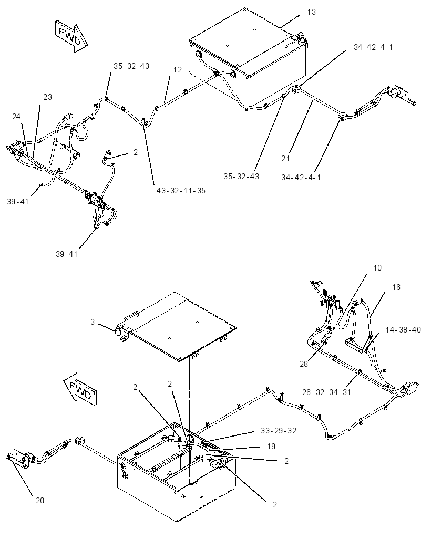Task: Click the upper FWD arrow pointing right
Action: [x=71, y=36]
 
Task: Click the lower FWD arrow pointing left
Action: [x=80, y=390]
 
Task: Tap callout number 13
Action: [x=311, y=12]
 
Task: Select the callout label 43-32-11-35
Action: [x=181, y=191]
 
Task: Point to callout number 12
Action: [x=178, y=70]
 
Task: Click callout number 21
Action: [x=285, y=158]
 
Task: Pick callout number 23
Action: [x=47, y=97]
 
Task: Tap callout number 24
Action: [x=16, y=117]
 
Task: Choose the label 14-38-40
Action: [x=403, y=329]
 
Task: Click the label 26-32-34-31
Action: [x=326, y=392]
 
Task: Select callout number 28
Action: [x=304, y=364]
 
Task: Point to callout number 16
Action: [x=396, y=287]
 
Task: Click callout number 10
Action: [x=377, y=268]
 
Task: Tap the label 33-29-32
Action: [x=279, y=431]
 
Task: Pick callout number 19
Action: [x=271, y=447]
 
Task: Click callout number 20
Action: [x=39, y=501]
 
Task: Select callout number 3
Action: [x=93, y=322]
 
